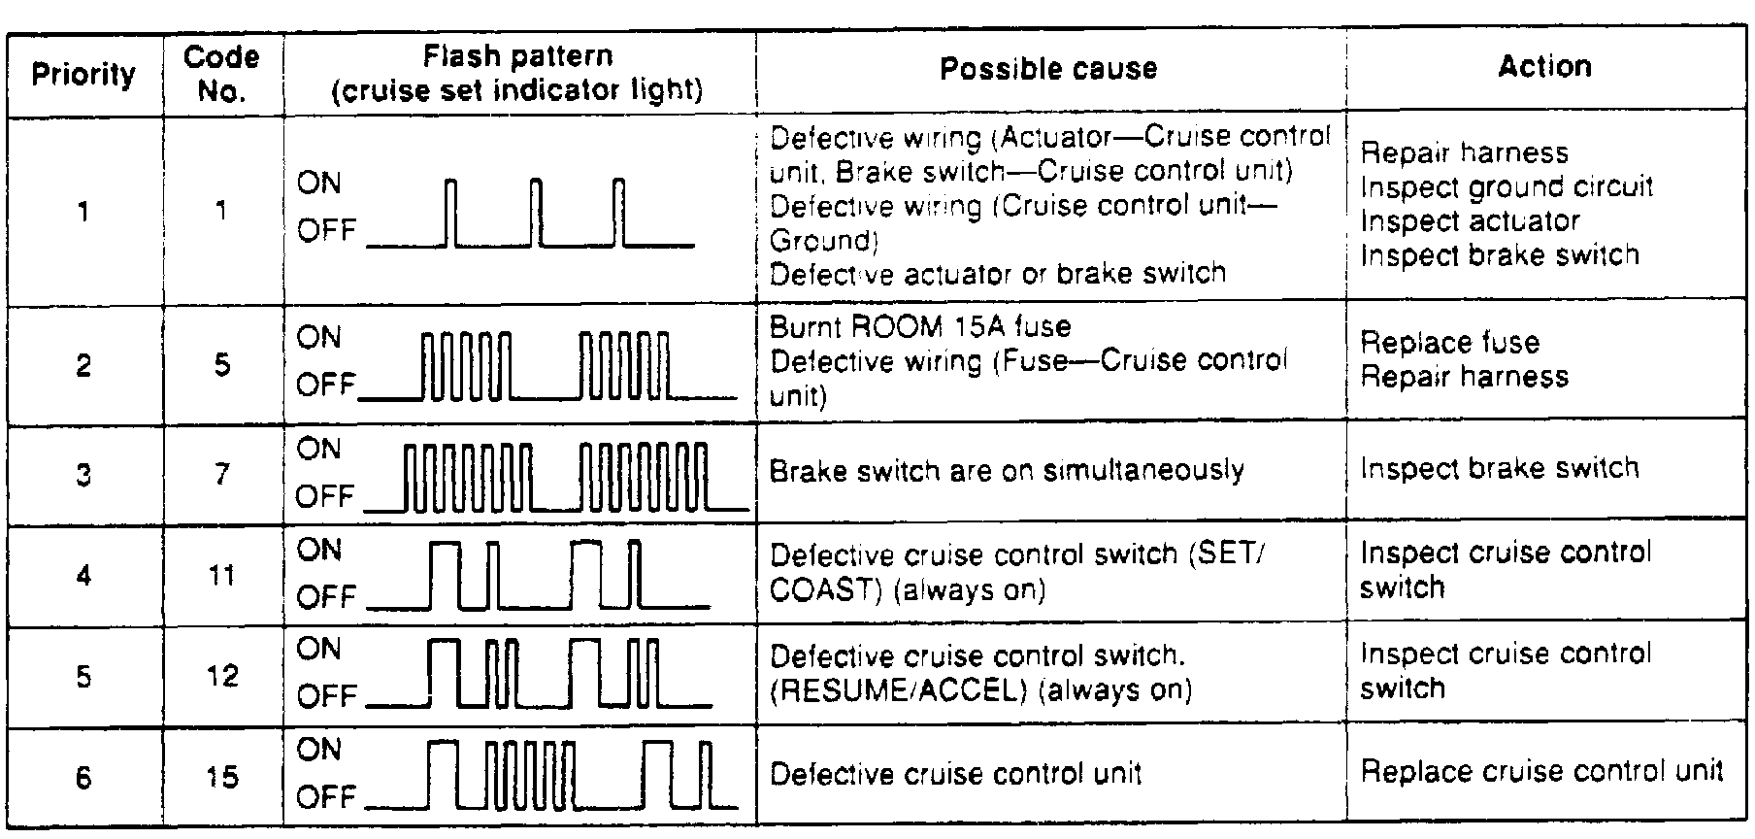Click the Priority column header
click(83, 74)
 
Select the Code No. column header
click(221, 74)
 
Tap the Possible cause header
click(1048, 68)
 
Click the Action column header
click(1544, 66)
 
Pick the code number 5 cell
click(222, 365)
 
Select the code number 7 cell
click(222, 474)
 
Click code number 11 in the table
click(222, 576)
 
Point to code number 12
click(222, 676)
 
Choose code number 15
click(222, 777)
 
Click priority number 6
click(83, 778)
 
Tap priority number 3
click(83, 476)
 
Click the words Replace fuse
click(1449, 343)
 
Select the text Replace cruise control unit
click(1541, 772)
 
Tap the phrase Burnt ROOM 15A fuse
click(920, 326)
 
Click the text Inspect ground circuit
click(1506, 186)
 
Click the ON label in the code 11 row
click(319, 551)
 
